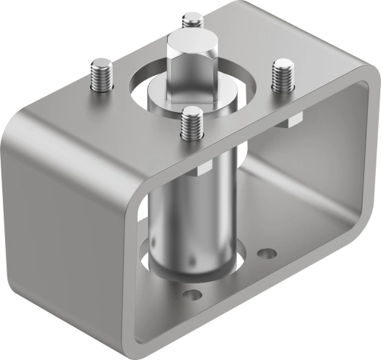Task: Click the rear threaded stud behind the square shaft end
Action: pos(193,22)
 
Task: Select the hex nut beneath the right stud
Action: pos(290,120)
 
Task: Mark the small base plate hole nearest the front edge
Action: pos(193,295)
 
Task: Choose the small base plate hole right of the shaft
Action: pos(267,255)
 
